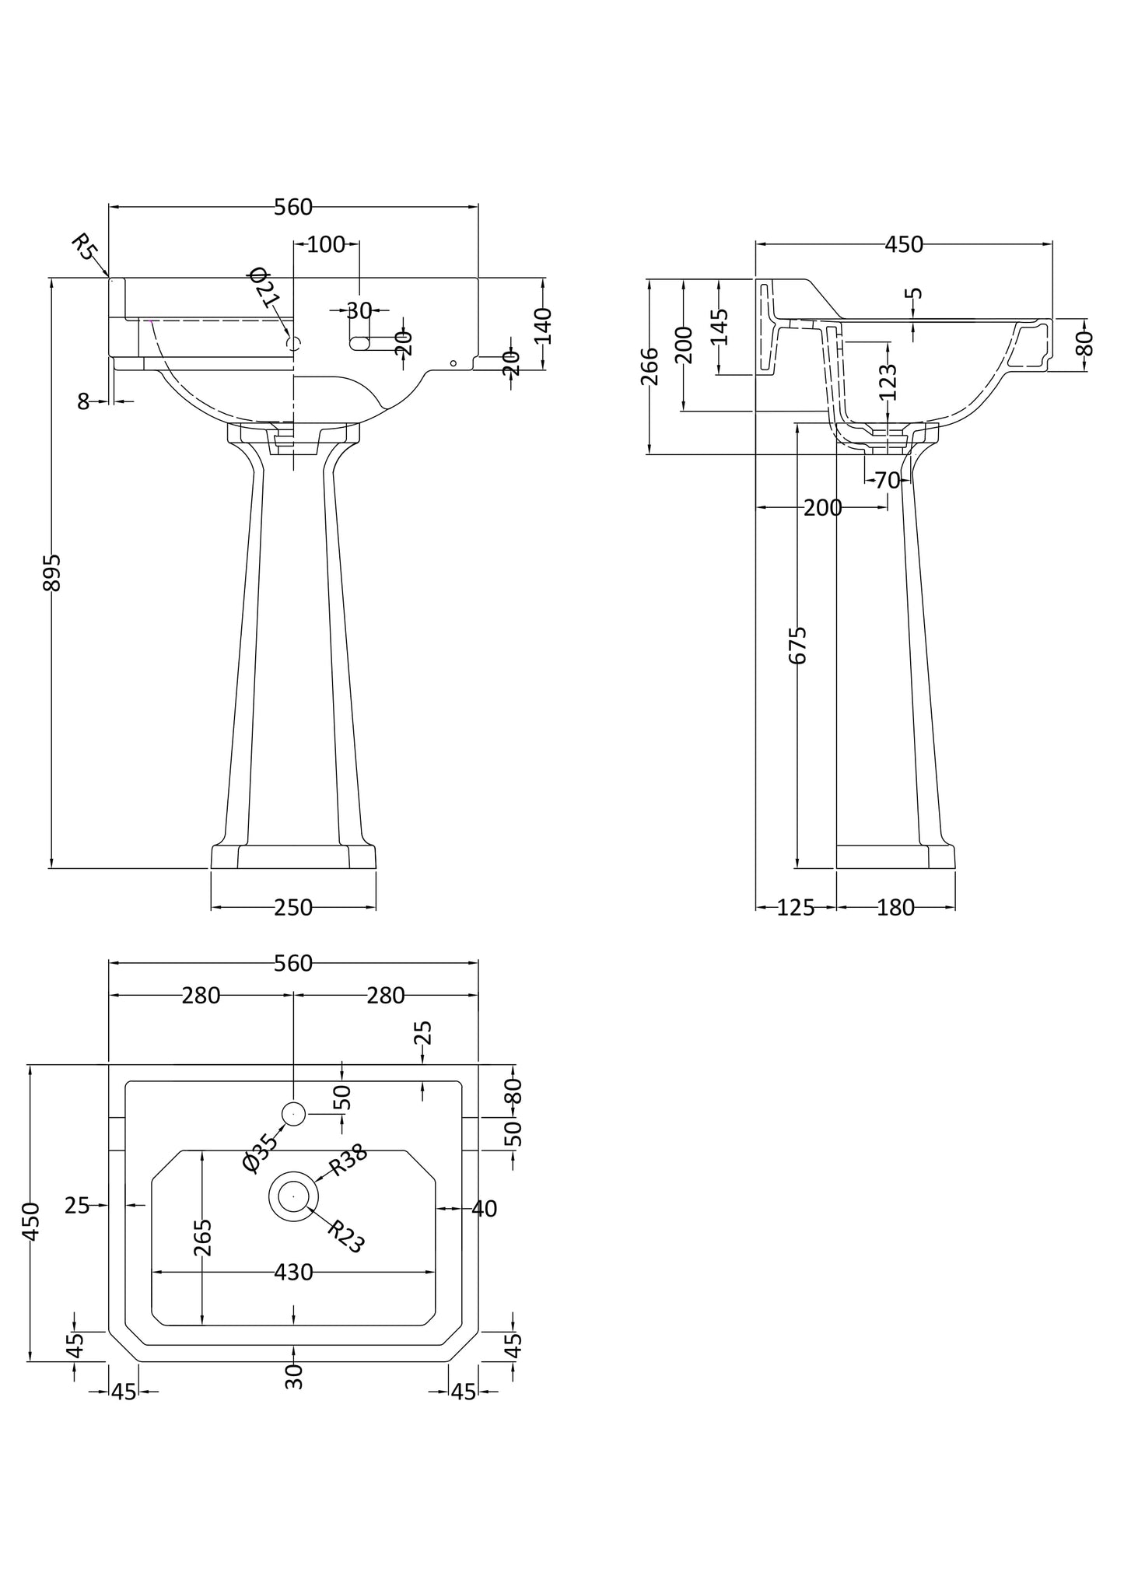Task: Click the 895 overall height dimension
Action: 51,572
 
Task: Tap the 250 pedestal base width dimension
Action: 293,907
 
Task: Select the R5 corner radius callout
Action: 85,247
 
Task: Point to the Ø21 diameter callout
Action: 264,289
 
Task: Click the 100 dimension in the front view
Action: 326,244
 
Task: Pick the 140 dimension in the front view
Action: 543,326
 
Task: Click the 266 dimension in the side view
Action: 650,366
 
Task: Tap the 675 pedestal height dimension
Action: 798,645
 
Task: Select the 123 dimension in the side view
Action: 888,382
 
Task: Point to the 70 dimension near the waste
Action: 887,481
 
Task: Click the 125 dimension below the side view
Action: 795,907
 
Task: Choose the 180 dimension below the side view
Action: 895,907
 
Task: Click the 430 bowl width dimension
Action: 293,1273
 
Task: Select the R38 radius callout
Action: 348,1164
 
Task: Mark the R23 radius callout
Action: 346,1236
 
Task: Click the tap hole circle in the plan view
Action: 293,1114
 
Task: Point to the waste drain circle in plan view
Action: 293,1196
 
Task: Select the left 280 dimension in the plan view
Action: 201,995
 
